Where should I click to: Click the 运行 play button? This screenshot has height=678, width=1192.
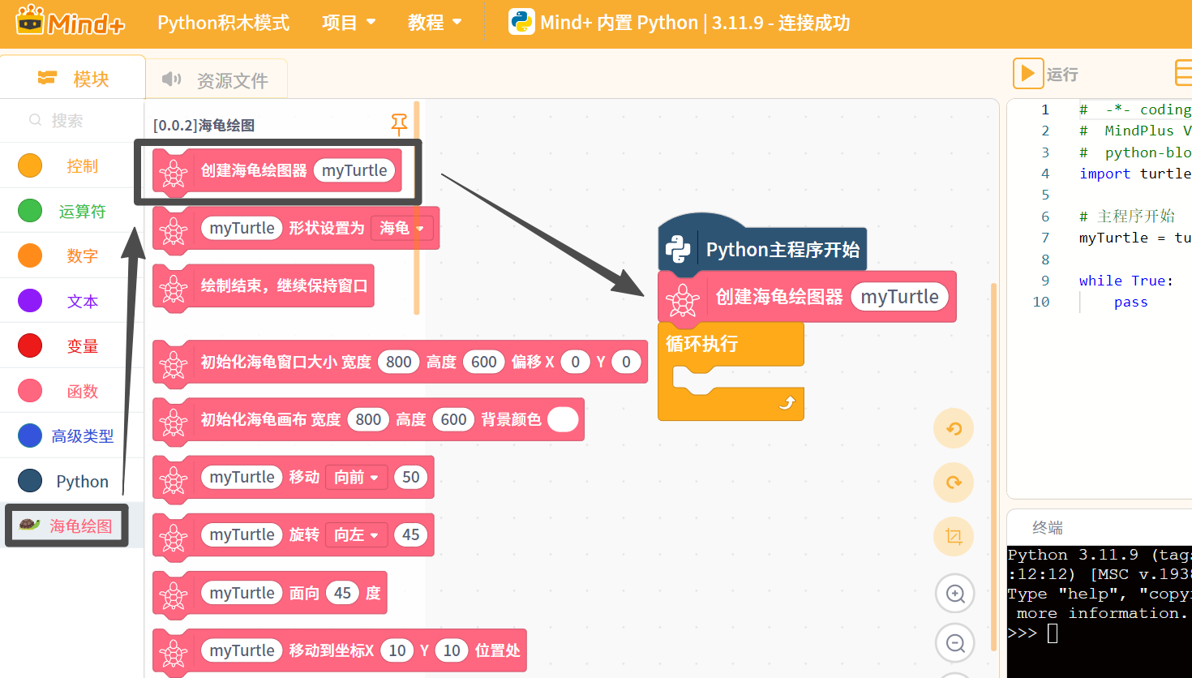1027,74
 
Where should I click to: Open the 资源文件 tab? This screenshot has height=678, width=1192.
216,79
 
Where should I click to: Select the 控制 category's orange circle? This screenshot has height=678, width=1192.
30,165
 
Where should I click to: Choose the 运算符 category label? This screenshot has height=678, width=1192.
82,212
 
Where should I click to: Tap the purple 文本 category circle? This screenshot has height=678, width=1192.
30,301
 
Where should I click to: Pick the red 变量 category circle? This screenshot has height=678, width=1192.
30,346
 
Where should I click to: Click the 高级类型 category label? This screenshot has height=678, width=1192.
83,436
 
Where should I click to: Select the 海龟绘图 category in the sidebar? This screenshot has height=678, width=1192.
66,526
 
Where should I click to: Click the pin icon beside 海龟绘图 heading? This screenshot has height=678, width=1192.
399,125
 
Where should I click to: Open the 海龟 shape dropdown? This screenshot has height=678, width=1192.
401,229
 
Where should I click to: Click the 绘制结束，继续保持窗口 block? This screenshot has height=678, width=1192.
264,286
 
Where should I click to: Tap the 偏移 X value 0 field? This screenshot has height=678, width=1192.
575,362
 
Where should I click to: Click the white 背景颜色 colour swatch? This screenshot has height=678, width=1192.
563,419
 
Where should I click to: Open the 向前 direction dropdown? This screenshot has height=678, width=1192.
356,478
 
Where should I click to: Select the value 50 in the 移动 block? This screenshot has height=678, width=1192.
411,478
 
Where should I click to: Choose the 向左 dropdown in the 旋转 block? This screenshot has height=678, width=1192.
356,534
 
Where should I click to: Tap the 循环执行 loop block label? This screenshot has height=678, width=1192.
702,344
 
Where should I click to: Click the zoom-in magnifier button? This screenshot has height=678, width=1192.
955,594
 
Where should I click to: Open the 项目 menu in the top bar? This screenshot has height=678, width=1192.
349,23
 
